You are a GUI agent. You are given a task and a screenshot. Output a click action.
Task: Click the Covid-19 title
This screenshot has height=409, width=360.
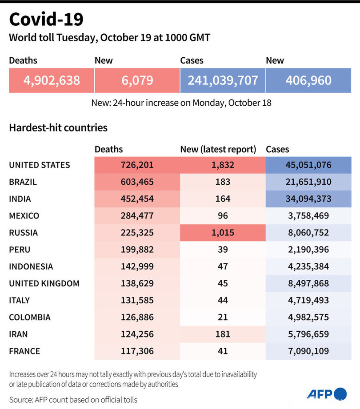point(46,20)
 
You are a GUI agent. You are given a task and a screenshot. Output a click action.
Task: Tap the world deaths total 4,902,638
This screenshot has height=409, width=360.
point(52,80)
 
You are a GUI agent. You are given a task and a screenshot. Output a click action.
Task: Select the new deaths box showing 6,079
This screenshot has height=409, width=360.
point(137,80)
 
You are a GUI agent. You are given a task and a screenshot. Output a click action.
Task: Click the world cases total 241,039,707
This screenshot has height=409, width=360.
point(223,80)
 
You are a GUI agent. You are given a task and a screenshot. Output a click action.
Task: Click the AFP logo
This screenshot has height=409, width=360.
point(326,394)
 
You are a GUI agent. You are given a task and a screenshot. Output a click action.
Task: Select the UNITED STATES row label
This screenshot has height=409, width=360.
point(40,165)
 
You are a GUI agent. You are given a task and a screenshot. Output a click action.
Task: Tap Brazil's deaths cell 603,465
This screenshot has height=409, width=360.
point(137,182)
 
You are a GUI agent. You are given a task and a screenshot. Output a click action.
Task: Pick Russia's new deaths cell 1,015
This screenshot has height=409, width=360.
point(223,233)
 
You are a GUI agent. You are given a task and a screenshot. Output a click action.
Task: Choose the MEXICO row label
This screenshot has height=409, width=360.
point(24,216)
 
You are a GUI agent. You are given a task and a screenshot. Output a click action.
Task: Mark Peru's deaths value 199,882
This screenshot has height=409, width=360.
point(137,250)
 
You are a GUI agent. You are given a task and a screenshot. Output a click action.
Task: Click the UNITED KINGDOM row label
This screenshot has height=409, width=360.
point(44,283)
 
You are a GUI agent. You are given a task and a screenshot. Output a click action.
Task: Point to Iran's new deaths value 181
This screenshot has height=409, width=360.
point(223,334)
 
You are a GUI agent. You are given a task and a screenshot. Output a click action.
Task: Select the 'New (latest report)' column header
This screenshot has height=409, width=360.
point(218,150)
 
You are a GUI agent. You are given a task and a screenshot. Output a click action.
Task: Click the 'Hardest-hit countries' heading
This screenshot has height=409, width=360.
point(58,128)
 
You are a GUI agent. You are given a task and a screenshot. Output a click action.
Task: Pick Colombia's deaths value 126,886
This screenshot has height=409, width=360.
point(137,317)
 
